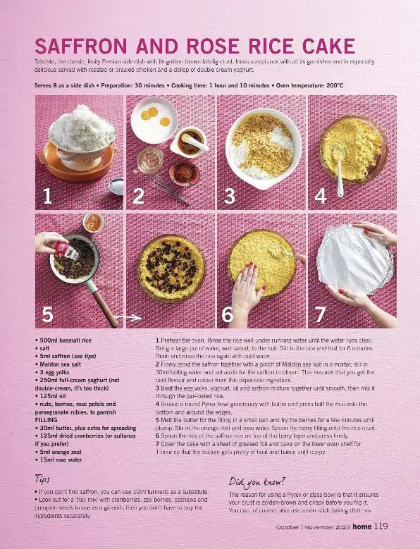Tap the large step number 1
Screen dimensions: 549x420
point(47,197)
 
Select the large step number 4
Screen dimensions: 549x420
point(320,197)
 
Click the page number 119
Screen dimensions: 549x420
point(381,525)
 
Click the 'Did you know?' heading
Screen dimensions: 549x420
point(257,482)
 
